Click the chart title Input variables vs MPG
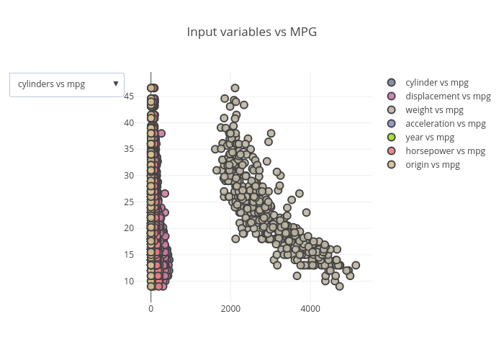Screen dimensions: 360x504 point(251,32)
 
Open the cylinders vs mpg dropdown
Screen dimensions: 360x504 point(66,84)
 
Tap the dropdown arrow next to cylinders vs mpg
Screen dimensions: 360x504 point(116,84)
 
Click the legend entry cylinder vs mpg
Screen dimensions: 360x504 point(436,83)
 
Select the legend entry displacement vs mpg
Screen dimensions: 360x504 point(447,96)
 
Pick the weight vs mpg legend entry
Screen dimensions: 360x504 point(433,110)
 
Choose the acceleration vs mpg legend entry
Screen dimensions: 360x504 point(445,124)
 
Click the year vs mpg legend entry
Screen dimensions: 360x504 point(429,138)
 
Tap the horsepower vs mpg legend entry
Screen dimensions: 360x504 point(445,151)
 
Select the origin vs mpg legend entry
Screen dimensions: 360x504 point(432,165)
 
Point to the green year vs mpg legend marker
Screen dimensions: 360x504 point(392,138)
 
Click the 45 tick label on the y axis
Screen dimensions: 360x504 point(130,96)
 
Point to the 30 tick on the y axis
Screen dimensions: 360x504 point(130,175)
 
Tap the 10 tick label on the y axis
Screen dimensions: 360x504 point(130,281)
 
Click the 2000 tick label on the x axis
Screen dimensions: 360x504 point(230,309)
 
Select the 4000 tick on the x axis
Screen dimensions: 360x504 point(310,309)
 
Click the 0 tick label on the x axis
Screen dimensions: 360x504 point(151,309)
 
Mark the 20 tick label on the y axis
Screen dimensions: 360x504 point(130,228)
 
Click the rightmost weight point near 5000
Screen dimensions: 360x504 point(356,265)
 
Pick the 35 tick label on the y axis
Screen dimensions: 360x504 point(130,149)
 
